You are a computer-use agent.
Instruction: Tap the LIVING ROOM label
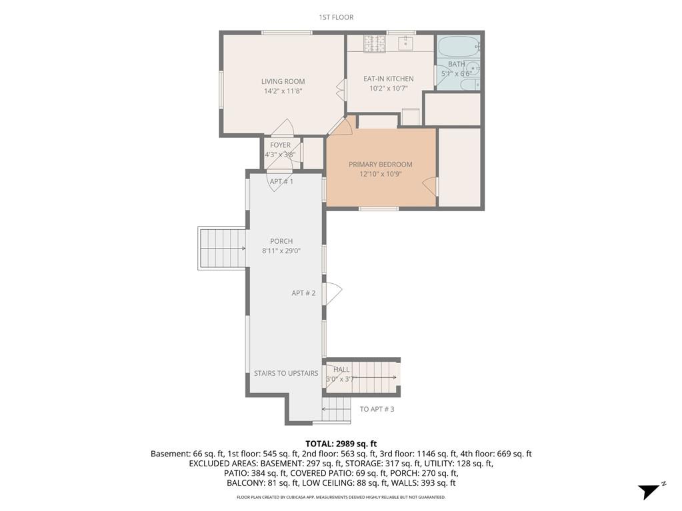click(283, 82)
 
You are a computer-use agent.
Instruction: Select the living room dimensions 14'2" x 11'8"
click(283, 92)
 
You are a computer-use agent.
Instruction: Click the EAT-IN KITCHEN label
click(388, 79)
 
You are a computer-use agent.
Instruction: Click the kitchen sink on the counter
click(406, 43)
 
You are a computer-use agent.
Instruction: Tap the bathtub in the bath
click(459, 47)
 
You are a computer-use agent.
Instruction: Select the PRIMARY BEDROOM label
click(380, 165)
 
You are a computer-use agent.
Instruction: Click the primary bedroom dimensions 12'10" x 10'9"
click(380, 175)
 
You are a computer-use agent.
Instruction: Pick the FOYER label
click(280, 145)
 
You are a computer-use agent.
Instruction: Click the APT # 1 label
click(281, 181)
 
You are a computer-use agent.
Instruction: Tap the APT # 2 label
click(303, 293)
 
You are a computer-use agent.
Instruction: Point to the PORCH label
click(281, 241)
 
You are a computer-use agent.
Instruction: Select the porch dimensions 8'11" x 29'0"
click(281, 251)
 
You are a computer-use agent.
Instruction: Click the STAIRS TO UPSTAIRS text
click(286, 374)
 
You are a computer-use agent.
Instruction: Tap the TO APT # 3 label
click(377, 409)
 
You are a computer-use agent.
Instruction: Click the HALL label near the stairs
click(341, 370)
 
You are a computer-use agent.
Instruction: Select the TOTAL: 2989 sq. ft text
click(341, 444)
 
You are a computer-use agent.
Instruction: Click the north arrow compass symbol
click(650, 491)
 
